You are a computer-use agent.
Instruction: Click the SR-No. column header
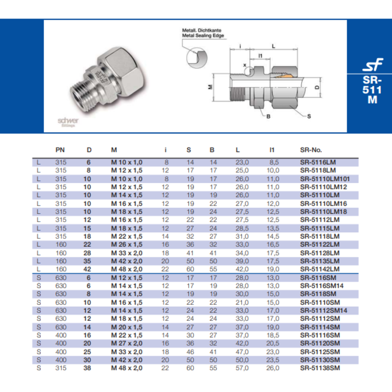(x=311, y=150)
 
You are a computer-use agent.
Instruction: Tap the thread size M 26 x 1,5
(x=127, y=245)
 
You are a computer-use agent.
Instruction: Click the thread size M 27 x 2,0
(x=127, y=343)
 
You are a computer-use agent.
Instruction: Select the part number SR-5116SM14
(x=321, y=286)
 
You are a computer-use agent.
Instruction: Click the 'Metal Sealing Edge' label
(x=202, y=35)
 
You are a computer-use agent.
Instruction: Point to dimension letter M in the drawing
(x=210, y=87)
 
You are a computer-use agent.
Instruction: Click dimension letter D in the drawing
(x=316, y=87)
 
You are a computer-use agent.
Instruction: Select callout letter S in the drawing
(x=309, y=116)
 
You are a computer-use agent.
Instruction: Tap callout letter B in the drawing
(x=268, y=116)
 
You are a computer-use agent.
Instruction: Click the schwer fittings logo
(x=68, y=122)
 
